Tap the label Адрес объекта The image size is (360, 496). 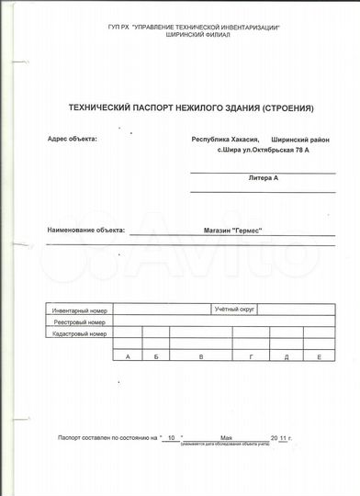(x=70, y=140)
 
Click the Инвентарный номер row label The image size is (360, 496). (x=81, y=311)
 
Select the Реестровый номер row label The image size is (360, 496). (x=80, y=323)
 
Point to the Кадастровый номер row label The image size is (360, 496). (x=80, y=336)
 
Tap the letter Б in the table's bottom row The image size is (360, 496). (x=158, y=355)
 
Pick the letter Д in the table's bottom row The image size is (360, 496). (x=287, y=355)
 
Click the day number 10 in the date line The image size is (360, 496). (x=171, y=440)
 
